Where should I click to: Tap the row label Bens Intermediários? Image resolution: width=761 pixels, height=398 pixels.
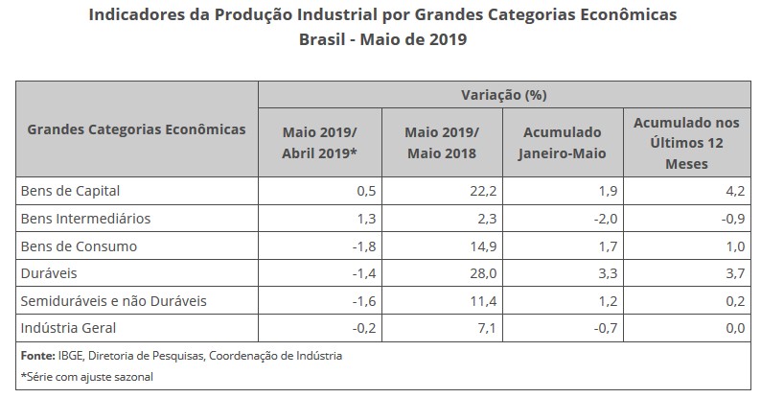click(85, 218)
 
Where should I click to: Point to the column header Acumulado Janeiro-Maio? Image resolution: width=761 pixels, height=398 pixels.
click(563, 138)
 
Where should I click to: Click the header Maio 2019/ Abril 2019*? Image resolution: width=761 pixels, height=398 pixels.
click(320, 138)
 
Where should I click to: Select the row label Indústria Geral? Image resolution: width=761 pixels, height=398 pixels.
click(68, 328)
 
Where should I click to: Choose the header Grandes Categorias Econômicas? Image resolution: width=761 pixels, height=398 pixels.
click(136, 129)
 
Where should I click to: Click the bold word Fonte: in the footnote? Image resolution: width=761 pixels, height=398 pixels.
click(36, 355)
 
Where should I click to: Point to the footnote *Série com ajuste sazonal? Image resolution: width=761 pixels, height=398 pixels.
click(87, 376)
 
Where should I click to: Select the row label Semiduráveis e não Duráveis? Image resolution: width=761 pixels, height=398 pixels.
click(113, 301)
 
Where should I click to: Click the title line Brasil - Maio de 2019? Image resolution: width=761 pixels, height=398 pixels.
click(380, 41)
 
